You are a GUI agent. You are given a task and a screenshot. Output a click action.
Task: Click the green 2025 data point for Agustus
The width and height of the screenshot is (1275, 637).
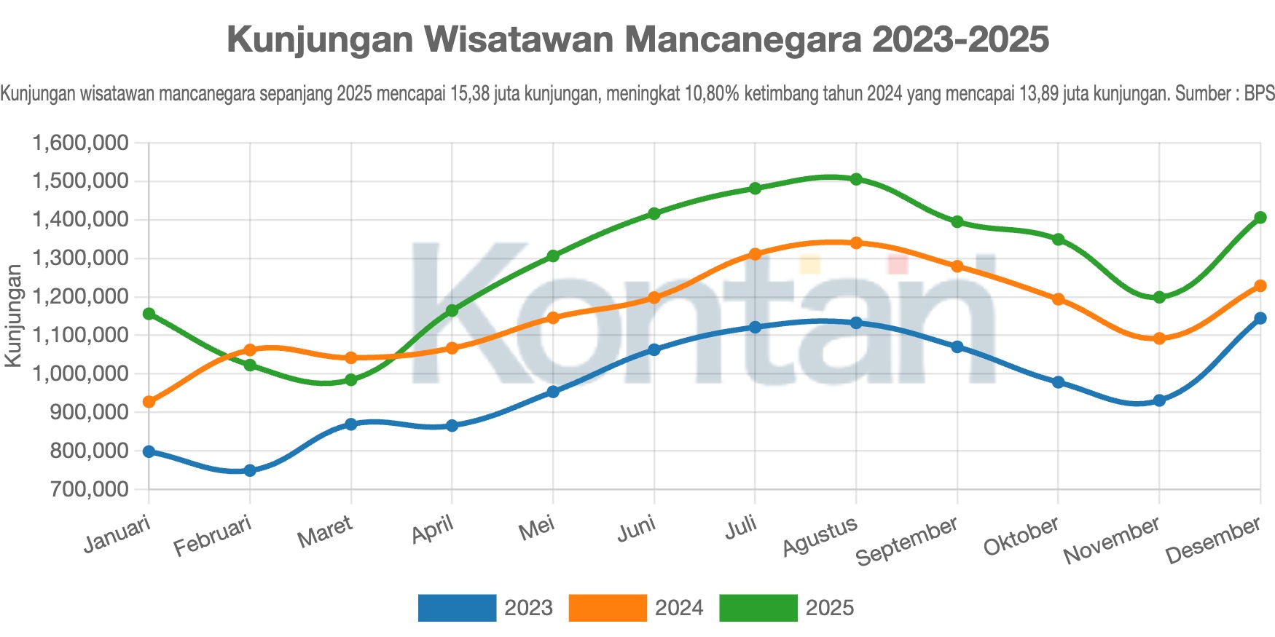click(x=856, y=179)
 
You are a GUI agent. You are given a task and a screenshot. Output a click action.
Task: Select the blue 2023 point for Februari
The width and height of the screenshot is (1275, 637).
click(x=250, y=470)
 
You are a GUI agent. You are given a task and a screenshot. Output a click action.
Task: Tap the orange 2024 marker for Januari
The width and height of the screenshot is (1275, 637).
click(x=149, y=402)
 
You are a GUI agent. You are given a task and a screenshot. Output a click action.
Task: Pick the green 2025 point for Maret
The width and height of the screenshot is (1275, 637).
click(x=351, y=380)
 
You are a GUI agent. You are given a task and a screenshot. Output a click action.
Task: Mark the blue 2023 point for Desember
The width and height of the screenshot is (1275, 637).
click(x=1260, y=318)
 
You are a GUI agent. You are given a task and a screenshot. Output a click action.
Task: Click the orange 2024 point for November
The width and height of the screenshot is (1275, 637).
click(x=1159, y=339)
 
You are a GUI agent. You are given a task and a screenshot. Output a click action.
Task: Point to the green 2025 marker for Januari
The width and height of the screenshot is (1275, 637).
click(x=149, y=314)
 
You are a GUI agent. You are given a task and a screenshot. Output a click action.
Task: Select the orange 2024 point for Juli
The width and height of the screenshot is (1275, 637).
click(x=755, y=254)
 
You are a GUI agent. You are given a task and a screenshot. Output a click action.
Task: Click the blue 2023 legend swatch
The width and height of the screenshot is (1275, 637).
click(x=457, y=608)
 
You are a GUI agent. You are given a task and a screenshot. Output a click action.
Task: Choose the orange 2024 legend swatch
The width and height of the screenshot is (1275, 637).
click(x=607, y=608)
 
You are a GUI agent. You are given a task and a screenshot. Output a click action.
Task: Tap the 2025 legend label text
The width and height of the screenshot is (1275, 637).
click(x=829, y=608)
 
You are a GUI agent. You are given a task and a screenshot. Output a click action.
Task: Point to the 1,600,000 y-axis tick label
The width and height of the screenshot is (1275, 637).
click(x=81, y=143)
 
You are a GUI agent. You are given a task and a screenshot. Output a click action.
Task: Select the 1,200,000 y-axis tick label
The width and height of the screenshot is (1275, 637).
click(x=81, y=296)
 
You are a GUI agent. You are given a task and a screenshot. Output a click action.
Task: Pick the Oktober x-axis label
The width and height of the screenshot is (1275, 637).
click(x=1021, y=537)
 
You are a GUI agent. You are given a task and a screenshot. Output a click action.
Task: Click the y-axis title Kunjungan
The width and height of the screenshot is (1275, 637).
click(x=13, y=316)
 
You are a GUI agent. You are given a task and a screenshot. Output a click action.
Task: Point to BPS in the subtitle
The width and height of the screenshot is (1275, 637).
click(x=1259, y=94)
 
